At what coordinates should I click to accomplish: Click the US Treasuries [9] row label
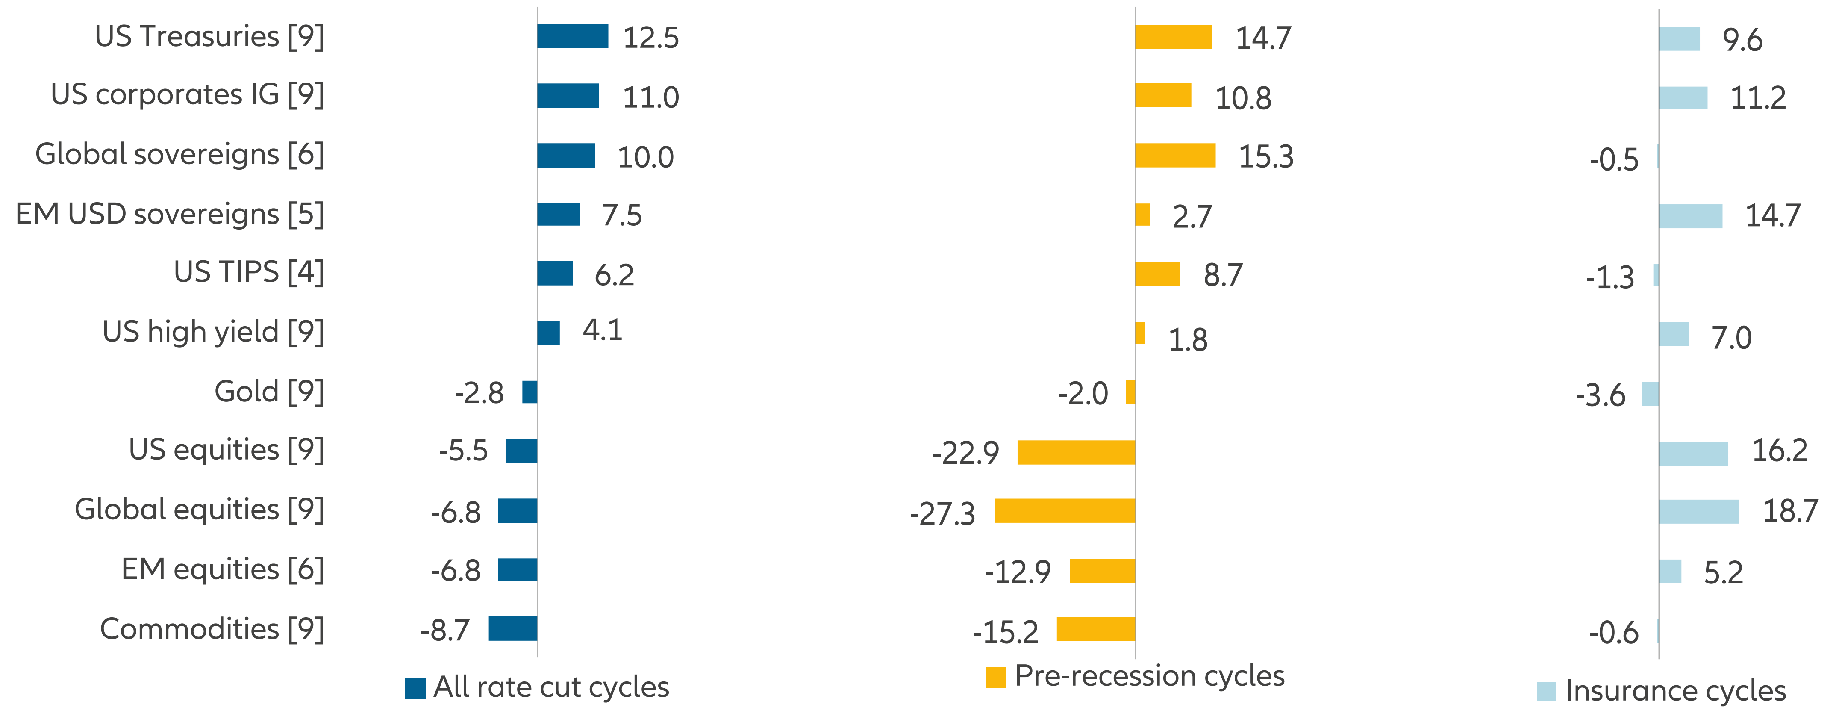coord(209,36)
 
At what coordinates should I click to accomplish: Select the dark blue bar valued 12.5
coord(573,36)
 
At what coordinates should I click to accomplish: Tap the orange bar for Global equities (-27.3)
coord(1065,510)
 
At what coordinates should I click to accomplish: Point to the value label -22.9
coord(965,453)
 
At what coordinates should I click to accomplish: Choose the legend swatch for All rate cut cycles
coord(415,688)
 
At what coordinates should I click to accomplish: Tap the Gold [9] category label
coord(269,391)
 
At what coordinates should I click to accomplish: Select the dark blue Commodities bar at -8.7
coord(512,628)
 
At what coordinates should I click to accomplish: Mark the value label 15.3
coord(1266,156)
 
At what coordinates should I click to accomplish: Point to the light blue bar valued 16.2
coord(1693,454)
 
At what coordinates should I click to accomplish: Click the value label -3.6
coord(1601,395)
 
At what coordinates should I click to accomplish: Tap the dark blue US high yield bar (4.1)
coord(548,333)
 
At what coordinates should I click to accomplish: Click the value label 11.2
coord(1758,98)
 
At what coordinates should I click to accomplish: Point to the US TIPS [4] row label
coord(248,272)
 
